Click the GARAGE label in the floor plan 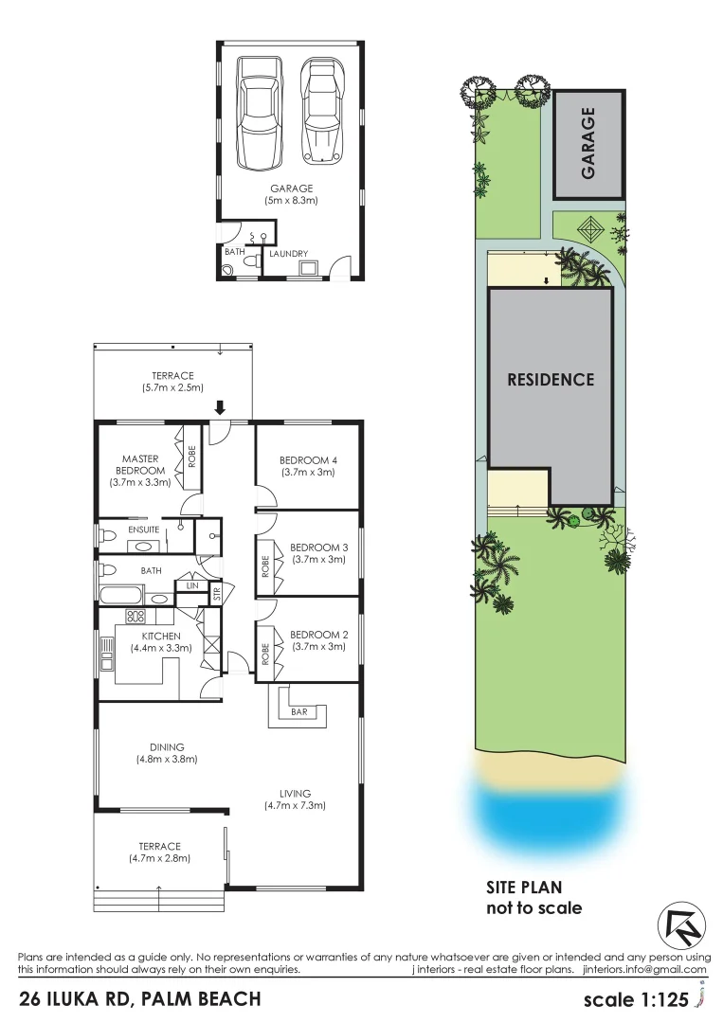coord(291,188)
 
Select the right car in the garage coord(319,109)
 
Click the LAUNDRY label coord(287,254)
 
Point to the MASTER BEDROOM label coord(141,464)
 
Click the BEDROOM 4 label coord(308,461)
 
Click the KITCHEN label coord(161,636)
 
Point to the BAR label coord(299,710)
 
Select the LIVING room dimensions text coord(295,806)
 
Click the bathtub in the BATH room coord(120,597)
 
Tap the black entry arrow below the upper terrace coord(220,407)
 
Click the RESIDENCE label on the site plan coord(551,379)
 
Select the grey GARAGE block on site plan coord(588,144)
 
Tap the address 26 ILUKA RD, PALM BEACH coord(139,998)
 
